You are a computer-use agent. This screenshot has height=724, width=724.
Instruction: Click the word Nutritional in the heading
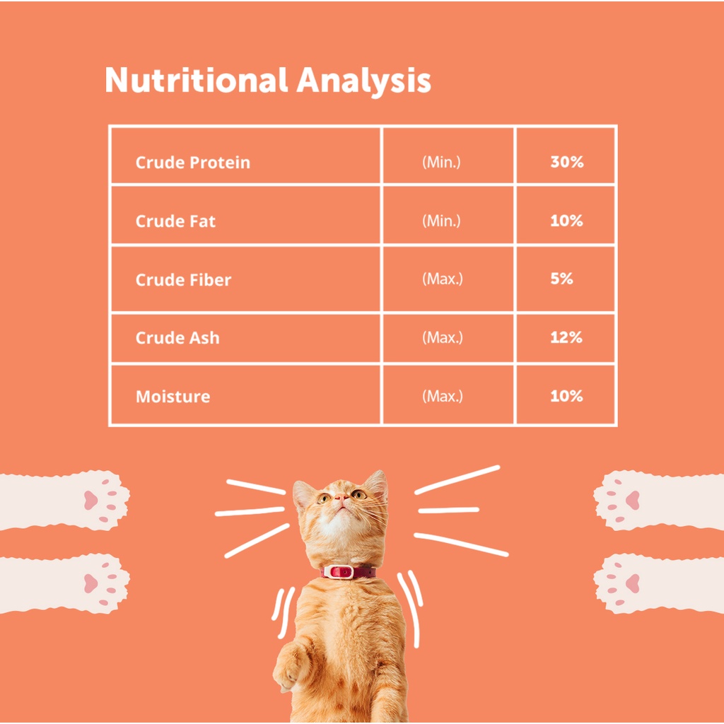[x=197, y=80]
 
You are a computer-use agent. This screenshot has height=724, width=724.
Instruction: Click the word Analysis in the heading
[x=364, y=81]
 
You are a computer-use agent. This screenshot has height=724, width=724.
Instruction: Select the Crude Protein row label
[x=193, y=162]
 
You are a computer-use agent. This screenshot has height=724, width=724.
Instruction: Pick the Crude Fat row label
[x=175, y=221]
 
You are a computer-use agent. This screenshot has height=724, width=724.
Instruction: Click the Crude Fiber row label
[x=183, y=279]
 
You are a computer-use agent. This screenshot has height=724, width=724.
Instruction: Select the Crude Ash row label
[x=177, y=337]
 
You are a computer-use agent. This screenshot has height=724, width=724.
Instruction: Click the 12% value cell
[x=566, y=337]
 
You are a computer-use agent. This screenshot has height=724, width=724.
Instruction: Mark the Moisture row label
[x=173, y=396]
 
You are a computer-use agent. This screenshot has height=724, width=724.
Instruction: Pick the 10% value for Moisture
[x=566, y=396]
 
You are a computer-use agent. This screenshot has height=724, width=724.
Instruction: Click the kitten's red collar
[x=348, y=572]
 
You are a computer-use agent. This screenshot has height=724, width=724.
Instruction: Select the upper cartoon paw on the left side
[x=64, y=501]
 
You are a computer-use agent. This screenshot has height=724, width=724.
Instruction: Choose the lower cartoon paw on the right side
[x=659, y=583]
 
